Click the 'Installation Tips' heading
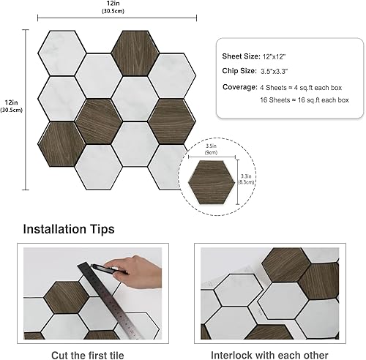[x=68, y=229]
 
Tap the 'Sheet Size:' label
[x=240, y=56]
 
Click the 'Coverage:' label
[x=239, y=86]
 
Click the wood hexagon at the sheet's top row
[x=135, y=48]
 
